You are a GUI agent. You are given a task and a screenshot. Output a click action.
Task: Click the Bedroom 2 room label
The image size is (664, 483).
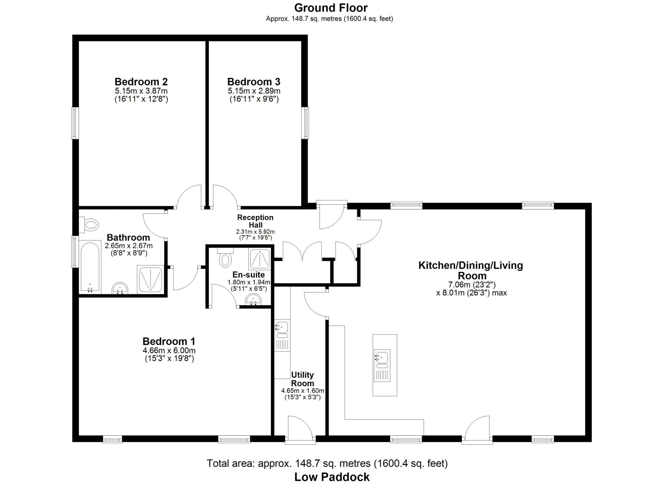141,82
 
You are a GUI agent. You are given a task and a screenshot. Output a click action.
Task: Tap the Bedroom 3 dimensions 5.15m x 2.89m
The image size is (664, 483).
254,91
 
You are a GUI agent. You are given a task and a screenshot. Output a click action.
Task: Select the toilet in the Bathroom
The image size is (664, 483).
91,225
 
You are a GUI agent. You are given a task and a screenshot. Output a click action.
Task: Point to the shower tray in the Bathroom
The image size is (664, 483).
150,280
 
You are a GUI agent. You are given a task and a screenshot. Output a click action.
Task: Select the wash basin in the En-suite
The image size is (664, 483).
254,300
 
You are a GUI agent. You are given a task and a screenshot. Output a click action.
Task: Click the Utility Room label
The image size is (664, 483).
303,379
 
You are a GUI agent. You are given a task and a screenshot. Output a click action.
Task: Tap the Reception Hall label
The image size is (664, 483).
255,221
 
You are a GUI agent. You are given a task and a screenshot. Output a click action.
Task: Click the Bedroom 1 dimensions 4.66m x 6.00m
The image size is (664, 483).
169,350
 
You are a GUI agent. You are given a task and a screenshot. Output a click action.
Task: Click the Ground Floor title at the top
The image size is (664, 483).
331,8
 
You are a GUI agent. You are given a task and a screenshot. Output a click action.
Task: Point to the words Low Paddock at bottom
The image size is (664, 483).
332,477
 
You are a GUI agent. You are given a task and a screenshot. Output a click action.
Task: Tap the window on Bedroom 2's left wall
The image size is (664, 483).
74,123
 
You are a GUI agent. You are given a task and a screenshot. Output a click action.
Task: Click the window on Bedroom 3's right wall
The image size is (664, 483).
305,123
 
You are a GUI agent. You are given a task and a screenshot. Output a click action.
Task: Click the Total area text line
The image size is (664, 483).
327,463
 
